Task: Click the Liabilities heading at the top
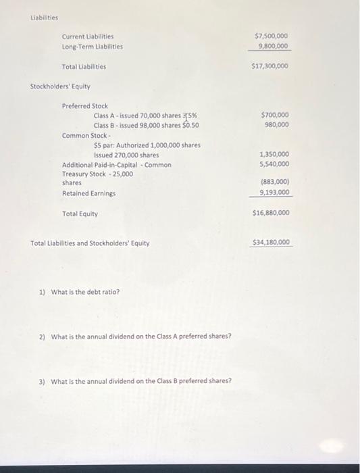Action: pyautogui.click(x=45, y=18)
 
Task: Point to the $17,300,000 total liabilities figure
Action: pyautogui.click(x=270, y=66)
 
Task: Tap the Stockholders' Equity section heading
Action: pyautogui.click(x=60, y=86)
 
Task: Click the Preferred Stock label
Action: pyautogui.click(x=84, y=106)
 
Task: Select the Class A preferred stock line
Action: pyautogui.click(x=145, y=116)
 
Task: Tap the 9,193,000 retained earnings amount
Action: pyautogui.click(x=274, y=193)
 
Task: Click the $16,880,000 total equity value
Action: pyautogui.click(x=270, y=213)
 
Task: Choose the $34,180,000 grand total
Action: pyautogui.click(x=271, y=242)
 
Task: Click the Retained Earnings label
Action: pyautogui.click(x=88, y=193)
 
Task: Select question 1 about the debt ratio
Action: pyautogui.click(x=79, y=292)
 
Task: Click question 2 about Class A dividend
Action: pyautogui.click(x=135, y=336)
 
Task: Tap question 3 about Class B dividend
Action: pyautogui.click(x=135, y=380)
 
